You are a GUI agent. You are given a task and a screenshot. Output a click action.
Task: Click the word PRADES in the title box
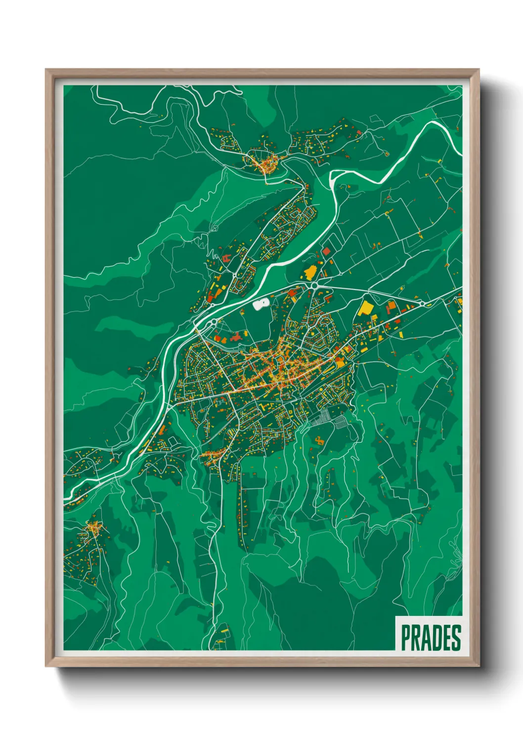(x=431, y=638)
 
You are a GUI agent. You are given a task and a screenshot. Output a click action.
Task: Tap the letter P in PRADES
(x=406, y=638)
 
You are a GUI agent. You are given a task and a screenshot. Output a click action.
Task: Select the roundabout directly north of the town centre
(x=313, y=285)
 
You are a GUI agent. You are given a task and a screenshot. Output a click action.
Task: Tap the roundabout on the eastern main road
(x=423, y=303)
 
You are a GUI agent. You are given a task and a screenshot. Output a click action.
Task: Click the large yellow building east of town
(x=366, y=308)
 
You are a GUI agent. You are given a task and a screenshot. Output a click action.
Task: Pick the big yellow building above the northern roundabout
(x=310, y=272)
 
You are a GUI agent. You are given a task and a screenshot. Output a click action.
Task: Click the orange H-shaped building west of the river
(x=226, y=258)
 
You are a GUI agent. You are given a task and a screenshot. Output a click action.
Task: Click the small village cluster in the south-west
(x=93, y=529)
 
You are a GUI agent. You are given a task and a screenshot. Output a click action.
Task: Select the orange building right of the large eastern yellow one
(x=391, y=307)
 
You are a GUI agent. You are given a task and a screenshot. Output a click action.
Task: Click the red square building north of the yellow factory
(x=326, y=251)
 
